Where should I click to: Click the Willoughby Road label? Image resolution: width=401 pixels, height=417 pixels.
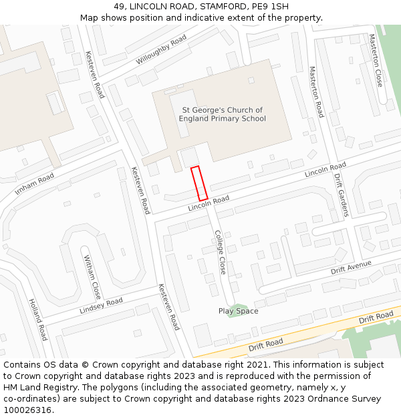point(161,50)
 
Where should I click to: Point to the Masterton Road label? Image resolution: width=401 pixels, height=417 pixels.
point(316,92)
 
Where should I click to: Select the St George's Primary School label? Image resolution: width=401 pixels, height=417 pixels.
point(222,114)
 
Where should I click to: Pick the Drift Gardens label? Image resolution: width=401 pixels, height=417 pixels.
point(341,195)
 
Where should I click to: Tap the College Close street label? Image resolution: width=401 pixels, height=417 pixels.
point(221,252)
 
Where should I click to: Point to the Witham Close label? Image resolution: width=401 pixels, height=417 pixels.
point(92,276)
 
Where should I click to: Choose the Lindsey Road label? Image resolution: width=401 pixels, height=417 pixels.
point(101,306)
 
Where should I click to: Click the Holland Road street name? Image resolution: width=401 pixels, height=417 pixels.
point(38,320)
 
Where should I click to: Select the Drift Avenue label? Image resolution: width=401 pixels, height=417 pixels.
point(351,268)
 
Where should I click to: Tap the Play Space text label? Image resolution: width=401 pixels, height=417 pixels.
point(238,311)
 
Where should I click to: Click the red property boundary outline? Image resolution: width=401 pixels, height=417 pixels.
point(199,183)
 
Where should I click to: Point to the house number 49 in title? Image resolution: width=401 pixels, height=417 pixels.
point(119,6)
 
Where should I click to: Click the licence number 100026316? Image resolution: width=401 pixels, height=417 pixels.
point(28,410)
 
